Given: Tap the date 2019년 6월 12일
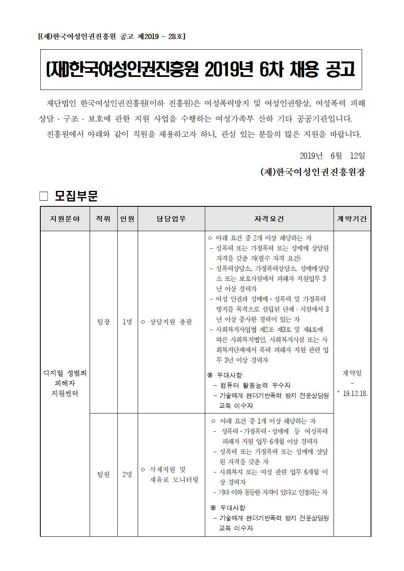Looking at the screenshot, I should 332,155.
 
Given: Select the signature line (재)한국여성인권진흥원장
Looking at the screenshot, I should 313,172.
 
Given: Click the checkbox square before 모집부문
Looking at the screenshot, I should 44,196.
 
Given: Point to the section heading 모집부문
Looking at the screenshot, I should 76,196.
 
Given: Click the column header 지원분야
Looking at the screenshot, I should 65,219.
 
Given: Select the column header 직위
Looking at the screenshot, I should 103,219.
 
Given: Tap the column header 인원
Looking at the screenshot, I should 127,219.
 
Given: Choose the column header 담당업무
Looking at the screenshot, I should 171,219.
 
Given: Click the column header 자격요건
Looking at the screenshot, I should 269,219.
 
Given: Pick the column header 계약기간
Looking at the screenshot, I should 352,219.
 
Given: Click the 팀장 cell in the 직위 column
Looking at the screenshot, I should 103,322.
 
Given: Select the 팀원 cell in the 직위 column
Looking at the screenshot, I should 103,474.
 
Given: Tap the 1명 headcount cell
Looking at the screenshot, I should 127,322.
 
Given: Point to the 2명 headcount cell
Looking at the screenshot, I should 127,474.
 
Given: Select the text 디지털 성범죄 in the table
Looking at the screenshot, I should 65,373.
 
